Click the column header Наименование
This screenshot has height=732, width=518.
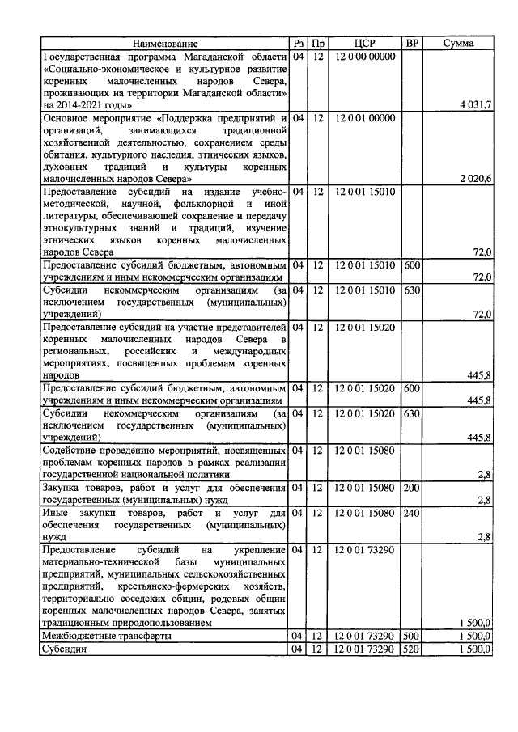click(165, 43)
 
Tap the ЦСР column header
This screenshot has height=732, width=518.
click(364, 43)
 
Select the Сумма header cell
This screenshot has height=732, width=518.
click(458, 43)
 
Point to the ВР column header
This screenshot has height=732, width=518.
click(412, 43)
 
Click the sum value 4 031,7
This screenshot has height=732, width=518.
click(474, 105)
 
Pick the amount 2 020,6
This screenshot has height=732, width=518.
click(474, 178)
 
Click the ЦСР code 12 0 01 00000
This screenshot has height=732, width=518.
click(364, 118)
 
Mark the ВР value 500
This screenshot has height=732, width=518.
click(412, 636)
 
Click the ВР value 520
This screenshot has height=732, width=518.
click(412, 649)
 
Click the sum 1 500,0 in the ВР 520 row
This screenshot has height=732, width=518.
click(474, 649)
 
